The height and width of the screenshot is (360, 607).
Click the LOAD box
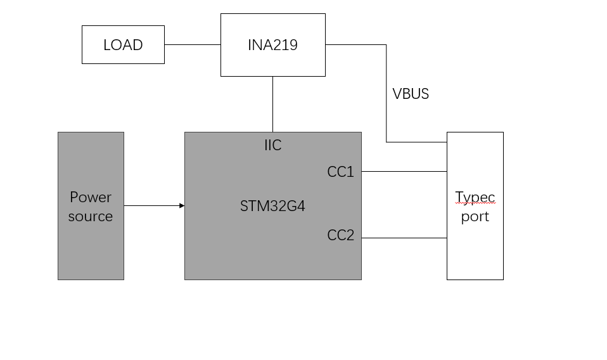[123, 45]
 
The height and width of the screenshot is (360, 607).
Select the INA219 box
[272, 45]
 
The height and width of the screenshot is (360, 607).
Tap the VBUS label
[411, 94]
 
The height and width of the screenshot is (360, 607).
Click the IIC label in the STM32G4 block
[272, 146]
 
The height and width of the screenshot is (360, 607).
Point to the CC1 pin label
[340, 172]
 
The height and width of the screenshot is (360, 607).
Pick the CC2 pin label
[340, 236]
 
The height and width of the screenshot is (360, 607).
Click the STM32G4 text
[272, 206]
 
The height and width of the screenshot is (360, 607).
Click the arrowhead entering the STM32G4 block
[182, 205]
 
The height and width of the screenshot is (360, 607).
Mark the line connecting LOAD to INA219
[192, 45]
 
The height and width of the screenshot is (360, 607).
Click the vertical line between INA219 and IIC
[272, 104]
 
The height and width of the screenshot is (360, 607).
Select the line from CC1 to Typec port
[404, 171]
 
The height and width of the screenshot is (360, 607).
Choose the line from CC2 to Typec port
[404, 238]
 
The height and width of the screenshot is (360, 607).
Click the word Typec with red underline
[475, 198]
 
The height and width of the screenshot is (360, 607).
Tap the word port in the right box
[475, 217]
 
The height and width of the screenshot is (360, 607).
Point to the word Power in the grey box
[91, 197]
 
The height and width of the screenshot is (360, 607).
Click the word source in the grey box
[91, 216]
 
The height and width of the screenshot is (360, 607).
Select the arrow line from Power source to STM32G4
[152, 205]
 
